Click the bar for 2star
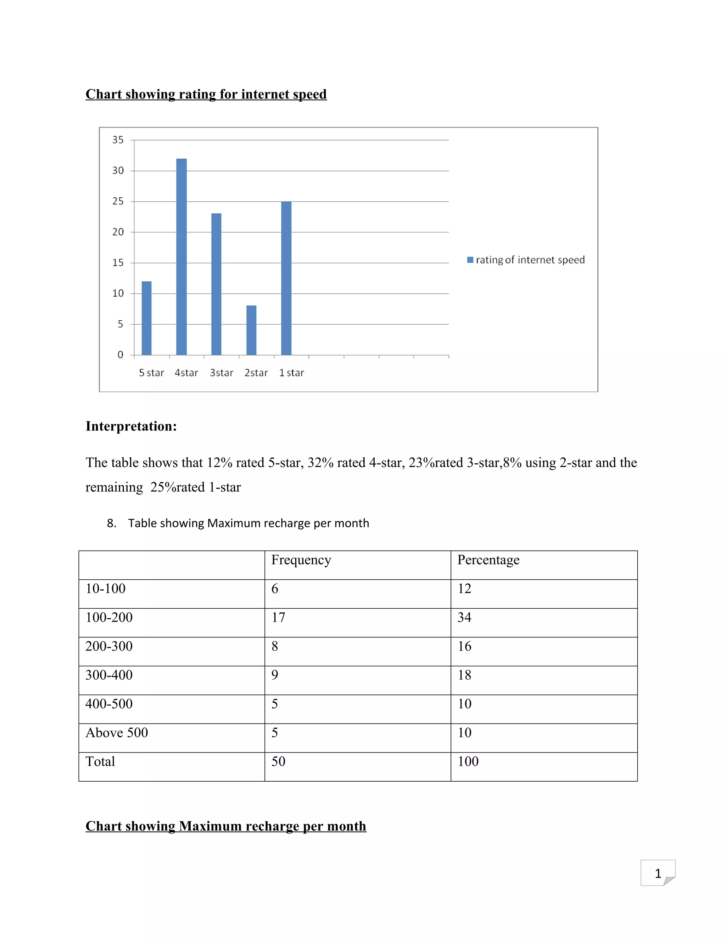[x=251, y=330]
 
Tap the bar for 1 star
[x=286, y=278]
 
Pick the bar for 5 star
[x=147, y=318]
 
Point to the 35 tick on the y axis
[x=118, y=140]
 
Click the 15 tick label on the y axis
[x=118, y=263]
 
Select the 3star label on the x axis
[x=222, y=373]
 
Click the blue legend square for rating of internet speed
[x=470, y=260]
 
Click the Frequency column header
[x=301, y=560]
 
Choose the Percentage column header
[x=488, y=560]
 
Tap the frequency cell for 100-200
[x=278, y=617]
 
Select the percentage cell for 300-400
[x=464, y=675]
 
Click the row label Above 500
[x=117, y=733]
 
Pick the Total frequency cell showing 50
[x=278, y=761]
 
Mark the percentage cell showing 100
[x=468, y=761]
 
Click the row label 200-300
[x=109, y=646]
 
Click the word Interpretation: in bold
[x=131, y=426]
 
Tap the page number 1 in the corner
[x=658, y=874]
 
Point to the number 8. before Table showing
[x=111, y=523]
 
